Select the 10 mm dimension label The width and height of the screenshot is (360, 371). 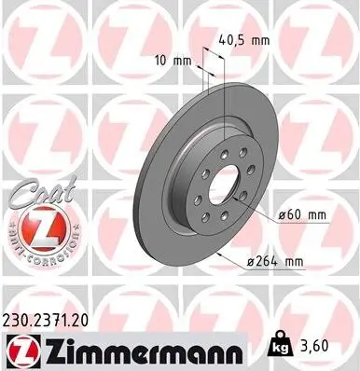(174, 61)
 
